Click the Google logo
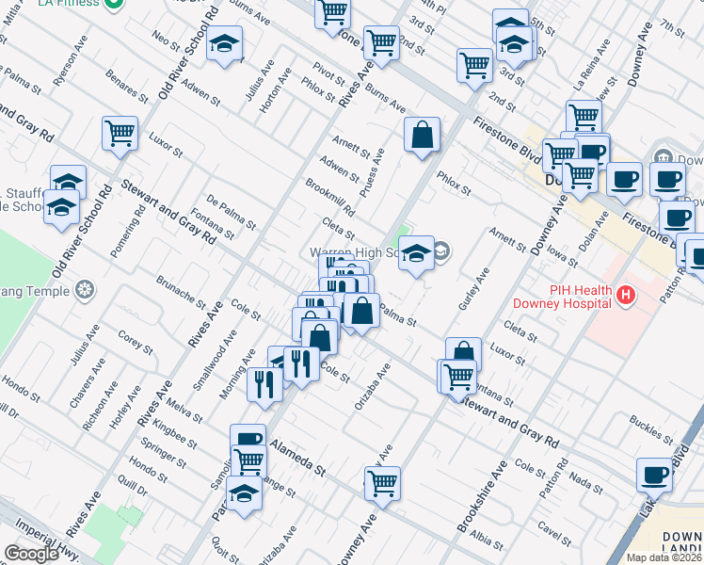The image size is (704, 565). pyautogui.click(x=31, y=554)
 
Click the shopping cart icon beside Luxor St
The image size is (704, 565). pyautogui.click(x=120, y=135)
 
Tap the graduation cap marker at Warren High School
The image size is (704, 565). pyautogui.click(x=416, y=253)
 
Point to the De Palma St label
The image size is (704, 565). pyautogui.click(x=231, y=212)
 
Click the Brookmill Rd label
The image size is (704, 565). pyautogui.click(x=329, y=196)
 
